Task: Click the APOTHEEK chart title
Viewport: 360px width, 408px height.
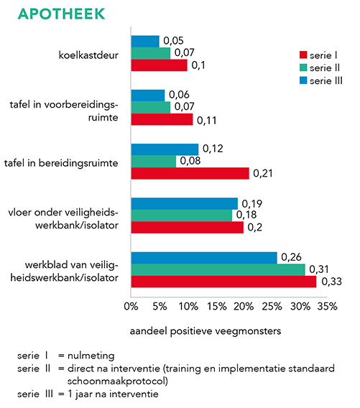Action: click(61, 14)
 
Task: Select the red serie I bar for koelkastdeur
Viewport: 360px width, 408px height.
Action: click(159, 65)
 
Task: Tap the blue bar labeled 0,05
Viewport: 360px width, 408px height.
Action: click(145, 42)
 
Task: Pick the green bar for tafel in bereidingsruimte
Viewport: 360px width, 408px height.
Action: click(153, 162)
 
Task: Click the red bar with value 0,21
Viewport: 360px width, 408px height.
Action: click(190, 173)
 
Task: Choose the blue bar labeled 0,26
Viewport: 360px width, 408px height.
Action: click(204, 258)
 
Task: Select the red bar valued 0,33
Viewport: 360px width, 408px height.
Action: click(223, 282)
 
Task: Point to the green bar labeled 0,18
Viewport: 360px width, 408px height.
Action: click(181, 215)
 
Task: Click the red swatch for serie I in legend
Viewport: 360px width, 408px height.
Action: click(303, 55)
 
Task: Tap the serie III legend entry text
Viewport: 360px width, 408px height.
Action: click(326, 80)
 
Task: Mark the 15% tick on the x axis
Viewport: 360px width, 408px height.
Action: click(217, 307)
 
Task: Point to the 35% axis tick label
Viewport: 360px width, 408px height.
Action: click(327, 307)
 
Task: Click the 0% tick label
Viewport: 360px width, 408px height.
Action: click(131, 307)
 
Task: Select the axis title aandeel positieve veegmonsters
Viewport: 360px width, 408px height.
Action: click(206, 331)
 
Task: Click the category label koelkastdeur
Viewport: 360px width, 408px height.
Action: click(88, 55)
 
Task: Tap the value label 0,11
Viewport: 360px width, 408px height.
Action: click(207, 121)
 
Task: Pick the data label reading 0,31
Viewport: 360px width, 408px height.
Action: click(319, 269)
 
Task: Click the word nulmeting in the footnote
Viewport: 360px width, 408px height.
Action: click(91, 356)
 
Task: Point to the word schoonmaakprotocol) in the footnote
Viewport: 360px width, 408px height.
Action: click(118, 381)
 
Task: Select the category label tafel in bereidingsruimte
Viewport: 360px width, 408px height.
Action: click(61, 163)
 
